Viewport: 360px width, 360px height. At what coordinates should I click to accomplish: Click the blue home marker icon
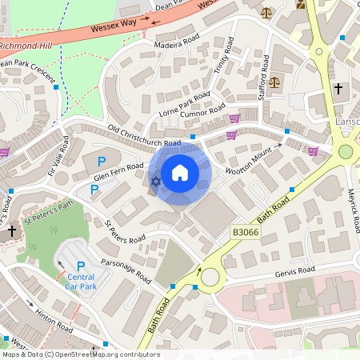(180, 172)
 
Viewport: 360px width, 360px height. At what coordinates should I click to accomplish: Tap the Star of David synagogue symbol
(155, 183)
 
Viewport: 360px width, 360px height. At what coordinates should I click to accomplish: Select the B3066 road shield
(247, 232)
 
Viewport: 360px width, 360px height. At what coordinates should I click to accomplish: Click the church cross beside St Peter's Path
(11, 231)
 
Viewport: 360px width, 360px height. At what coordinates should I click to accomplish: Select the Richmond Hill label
(30, 47)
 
